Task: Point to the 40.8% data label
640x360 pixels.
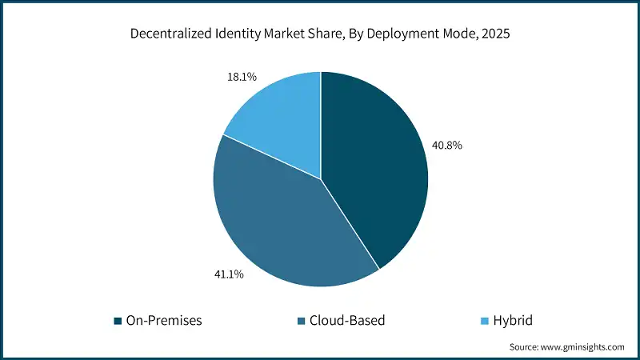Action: [446, 146]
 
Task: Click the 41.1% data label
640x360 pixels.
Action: [228, 274]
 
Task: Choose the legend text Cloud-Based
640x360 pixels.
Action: [348, 321]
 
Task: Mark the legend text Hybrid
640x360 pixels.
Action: [513, 321]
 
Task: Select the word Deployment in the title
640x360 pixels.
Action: [402, 34]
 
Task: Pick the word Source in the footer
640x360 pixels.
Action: [526, 347]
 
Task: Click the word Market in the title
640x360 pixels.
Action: [288, 34]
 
